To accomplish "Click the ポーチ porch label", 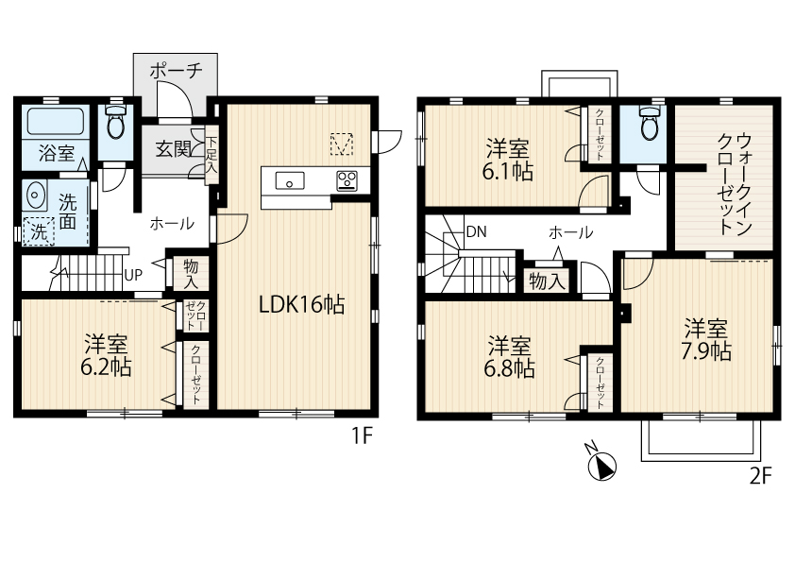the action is (176, 71).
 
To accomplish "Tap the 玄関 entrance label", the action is (173, 149).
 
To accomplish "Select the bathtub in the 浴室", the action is (56, 122).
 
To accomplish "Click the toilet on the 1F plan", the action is (116, 122).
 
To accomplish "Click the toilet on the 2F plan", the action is (649, 123).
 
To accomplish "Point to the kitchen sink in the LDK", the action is (290, 181).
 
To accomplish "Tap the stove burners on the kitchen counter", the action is (347, 181).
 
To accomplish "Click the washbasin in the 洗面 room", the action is (35, 195).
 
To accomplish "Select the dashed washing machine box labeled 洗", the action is (39, 231).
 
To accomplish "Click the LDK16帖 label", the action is (302, 305).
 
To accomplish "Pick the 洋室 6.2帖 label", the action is (106, 356).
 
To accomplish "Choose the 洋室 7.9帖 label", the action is (706, 340).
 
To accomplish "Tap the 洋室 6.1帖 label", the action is (508, 161).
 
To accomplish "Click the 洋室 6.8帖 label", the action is (509, 357).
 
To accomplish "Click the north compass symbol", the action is (600, 463).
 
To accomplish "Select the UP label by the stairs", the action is (133, 275).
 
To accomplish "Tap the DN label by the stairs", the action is (476, 231).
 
